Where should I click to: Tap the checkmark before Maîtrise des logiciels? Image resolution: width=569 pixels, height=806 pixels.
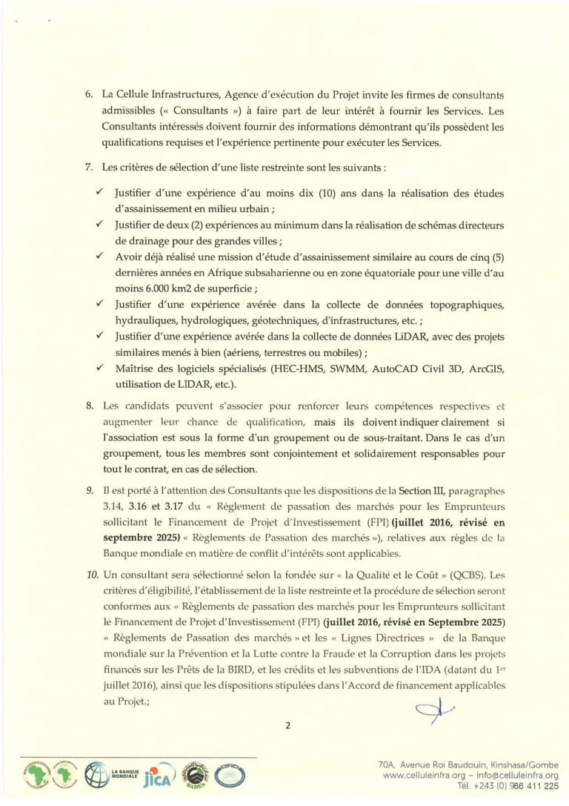point(99,368)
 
